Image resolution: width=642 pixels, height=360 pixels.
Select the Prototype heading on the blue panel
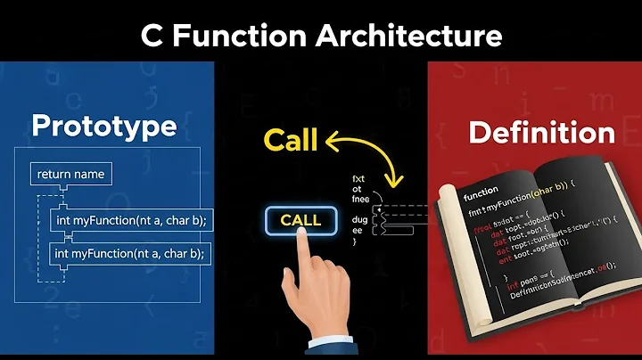click(103, 126)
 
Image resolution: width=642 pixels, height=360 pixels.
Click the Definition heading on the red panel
click(541, 133)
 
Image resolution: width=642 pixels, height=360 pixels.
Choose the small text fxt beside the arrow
click(359, 178)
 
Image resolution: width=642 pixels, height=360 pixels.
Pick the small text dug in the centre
click(360, 218)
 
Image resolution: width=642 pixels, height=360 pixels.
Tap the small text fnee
click(362, 199)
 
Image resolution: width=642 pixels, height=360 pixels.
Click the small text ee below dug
click(358, 229)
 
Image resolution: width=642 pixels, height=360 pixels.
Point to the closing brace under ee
click(355, 241)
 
